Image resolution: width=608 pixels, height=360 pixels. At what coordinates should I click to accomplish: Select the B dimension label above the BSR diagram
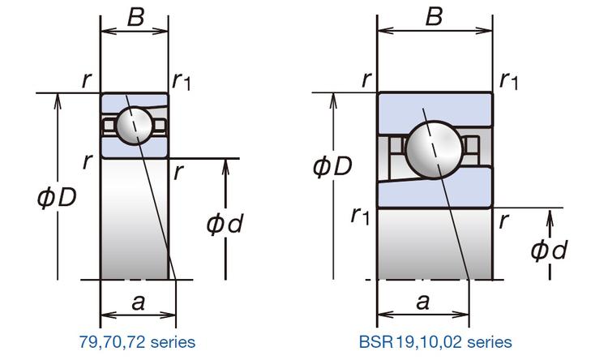tap(435, 17)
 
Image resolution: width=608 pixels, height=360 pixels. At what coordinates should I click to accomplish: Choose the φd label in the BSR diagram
tap(550, 251)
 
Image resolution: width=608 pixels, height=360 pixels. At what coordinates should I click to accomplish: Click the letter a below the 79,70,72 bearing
tap(138, 302)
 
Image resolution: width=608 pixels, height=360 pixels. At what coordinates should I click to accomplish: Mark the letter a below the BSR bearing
tap(422, 302)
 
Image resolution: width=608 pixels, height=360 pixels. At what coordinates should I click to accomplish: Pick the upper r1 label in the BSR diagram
tap(509, 80)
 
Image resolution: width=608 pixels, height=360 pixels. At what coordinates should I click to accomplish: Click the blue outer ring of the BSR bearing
tap(435, 108)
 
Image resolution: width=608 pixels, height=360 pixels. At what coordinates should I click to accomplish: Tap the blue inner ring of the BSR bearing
tap(454, 191)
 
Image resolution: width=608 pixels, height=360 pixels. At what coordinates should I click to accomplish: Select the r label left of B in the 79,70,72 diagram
tap(85, 79)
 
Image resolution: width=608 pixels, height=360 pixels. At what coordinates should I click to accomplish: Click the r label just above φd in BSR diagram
tap(505, 219)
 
